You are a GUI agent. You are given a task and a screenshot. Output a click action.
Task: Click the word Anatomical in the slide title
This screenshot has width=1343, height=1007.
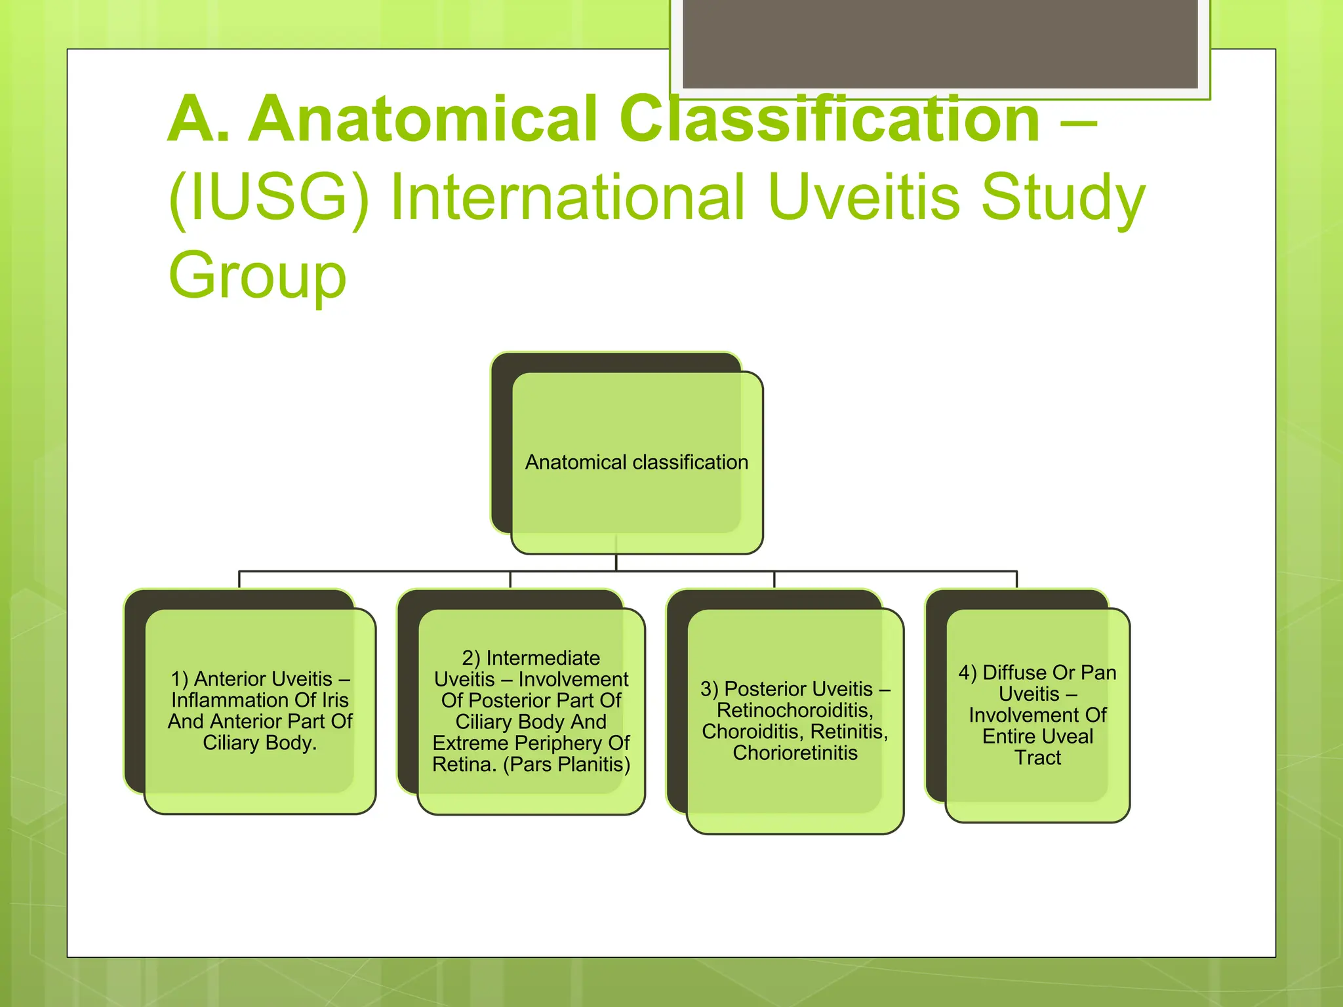point(422,119)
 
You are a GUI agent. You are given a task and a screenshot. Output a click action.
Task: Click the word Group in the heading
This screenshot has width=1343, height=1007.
point(257,275)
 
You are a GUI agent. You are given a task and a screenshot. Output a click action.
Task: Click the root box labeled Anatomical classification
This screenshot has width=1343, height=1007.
point(636,462)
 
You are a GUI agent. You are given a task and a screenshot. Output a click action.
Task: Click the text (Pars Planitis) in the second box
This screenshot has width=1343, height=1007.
point(567,764)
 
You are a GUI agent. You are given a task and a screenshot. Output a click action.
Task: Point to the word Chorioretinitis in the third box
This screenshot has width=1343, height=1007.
point(795,753)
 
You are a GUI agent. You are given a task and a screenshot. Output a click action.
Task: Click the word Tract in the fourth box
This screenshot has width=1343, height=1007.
point(1037,758)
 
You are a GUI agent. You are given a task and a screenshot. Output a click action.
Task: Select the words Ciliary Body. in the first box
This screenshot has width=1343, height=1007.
point(260,743)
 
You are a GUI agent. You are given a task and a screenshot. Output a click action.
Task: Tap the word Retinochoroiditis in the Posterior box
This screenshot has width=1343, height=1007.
point(795,710)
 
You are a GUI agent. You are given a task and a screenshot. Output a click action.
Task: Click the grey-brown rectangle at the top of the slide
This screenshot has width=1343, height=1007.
point(940,43)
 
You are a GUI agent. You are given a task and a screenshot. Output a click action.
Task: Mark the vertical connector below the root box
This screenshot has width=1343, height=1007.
point(616,563)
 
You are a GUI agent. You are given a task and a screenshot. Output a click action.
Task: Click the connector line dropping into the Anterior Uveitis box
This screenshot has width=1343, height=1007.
point(239,580)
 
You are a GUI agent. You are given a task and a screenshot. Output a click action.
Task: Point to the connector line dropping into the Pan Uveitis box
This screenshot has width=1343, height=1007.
point(1016,580)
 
